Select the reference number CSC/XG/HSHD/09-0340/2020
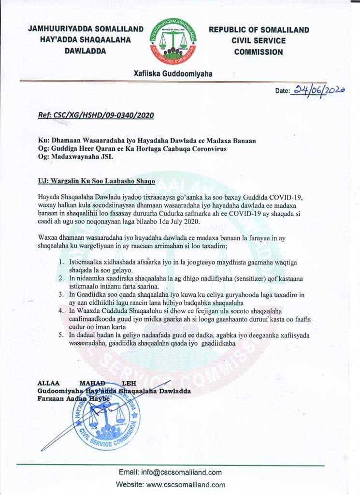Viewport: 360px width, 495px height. [x=95, y=116]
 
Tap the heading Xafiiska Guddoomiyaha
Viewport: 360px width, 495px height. [x=173, y=74]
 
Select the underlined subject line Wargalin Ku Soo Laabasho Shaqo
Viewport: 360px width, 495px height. [x=103, y=181]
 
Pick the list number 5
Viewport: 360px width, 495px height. [x=61, y=335]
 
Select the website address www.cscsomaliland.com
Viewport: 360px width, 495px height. [x=186, y=485]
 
